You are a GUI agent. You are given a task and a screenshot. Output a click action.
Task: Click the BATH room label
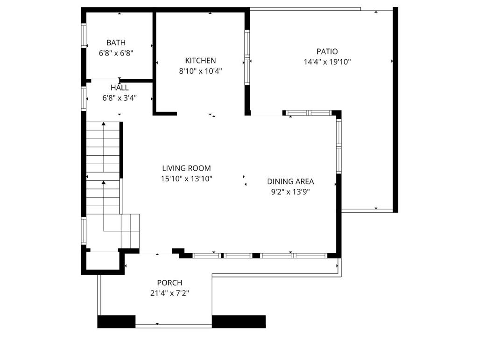pos(116,43)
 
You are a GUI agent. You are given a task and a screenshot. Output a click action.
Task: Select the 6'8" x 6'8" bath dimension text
pos(116,53)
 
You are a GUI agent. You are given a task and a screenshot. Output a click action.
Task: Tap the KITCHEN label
pos(200,61)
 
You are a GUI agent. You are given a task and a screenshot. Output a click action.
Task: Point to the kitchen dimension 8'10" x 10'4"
pos(200,71)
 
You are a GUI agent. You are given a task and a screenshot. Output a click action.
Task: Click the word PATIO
pos(327,52)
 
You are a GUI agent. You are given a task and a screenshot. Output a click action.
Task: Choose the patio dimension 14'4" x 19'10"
pos(327,62)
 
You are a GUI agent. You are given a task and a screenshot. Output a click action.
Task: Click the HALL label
pos(119,88)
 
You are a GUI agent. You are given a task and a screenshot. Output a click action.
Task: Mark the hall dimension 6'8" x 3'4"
pos(119,98)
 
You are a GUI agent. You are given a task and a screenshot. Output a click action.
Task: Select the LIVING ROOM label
pos(186,168)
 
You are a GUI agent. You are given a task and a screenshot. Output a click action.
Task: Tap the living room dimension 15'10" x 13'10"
pos(186,179)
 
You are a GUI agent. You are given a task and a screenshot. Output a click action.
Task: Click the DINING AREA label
pos(290,181)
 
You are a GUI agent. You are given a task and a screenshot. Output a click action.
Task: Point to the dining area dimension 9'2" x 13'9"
pos(290,192)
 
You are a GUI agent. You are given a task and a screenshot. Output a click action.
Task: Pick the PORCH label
pos(169,283)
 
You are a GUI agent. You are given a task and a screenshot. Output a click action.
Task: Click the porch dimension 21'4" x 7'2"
pos(169,293)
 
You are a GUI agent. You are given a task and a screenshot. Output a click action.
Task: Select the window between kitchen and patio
pos(247,57)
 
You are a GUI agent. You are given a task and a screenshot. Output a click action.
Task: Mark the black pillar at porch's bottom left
pos(116,321)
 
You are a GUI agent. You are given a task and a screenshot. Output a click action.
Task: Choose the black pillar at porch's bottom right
pos(239,321)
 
